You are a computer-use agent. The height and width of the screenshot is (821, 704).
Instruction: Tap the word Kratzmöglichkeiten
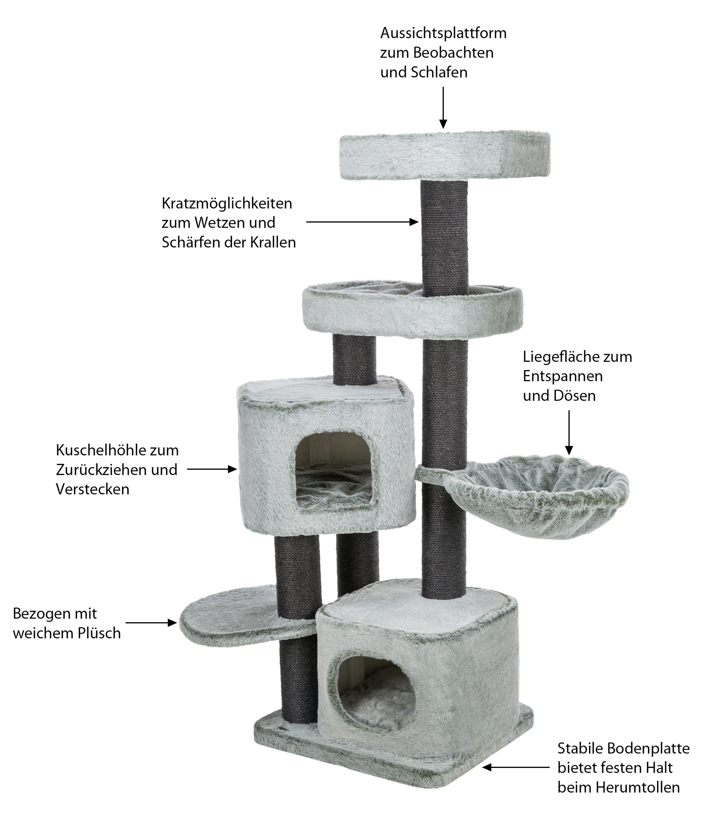click(227, 204)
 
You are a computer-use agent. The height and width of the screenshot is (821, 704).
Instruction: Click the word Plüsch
click(99, 633)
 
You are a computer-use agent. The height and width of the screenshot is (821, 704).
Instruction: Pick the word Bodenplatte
click(648, 748)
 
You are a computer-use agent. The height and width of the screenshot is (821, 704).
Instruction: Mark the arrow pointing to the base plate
click(515, 767)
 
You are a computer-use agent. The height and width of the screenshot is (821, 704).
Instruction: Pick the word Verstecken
click(92, 489)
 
